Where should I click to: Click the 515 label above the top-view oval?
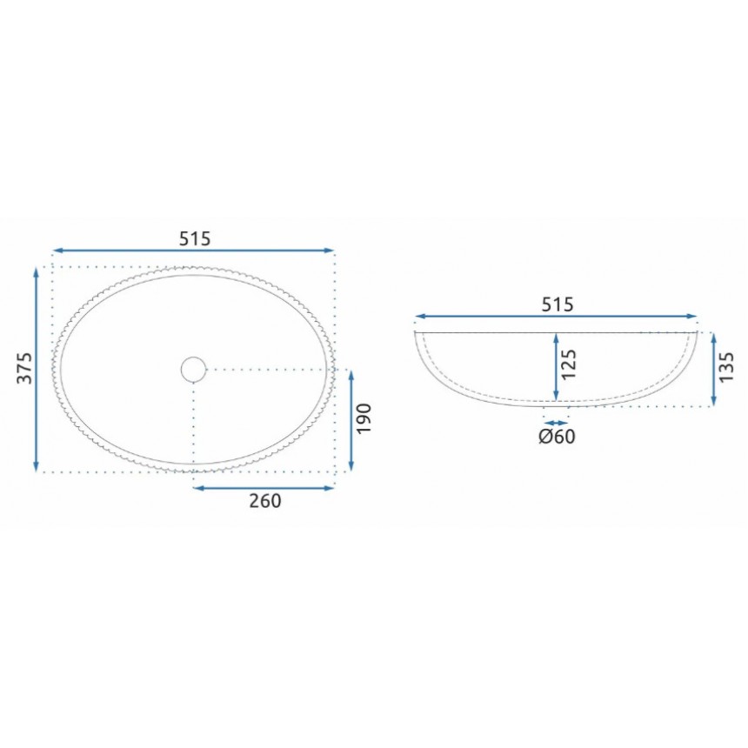pos(195,238)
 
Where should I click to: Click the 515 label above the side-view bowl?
pos(558,304)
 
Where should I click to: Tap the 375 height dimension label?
pos(24,368)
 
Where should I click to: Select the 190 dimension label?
pos(364,418)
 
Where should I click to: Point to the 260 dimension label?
pos(265,501)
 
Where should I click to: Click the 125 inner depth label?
pos(569,364)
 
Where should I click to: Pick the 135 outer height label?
pos(726,367)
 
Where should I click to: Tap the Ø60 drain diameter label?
pos(558,437)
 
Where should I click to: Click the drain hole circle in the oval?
pos(193,357)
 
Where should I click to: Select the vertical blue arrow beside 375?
pos(37,370)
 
